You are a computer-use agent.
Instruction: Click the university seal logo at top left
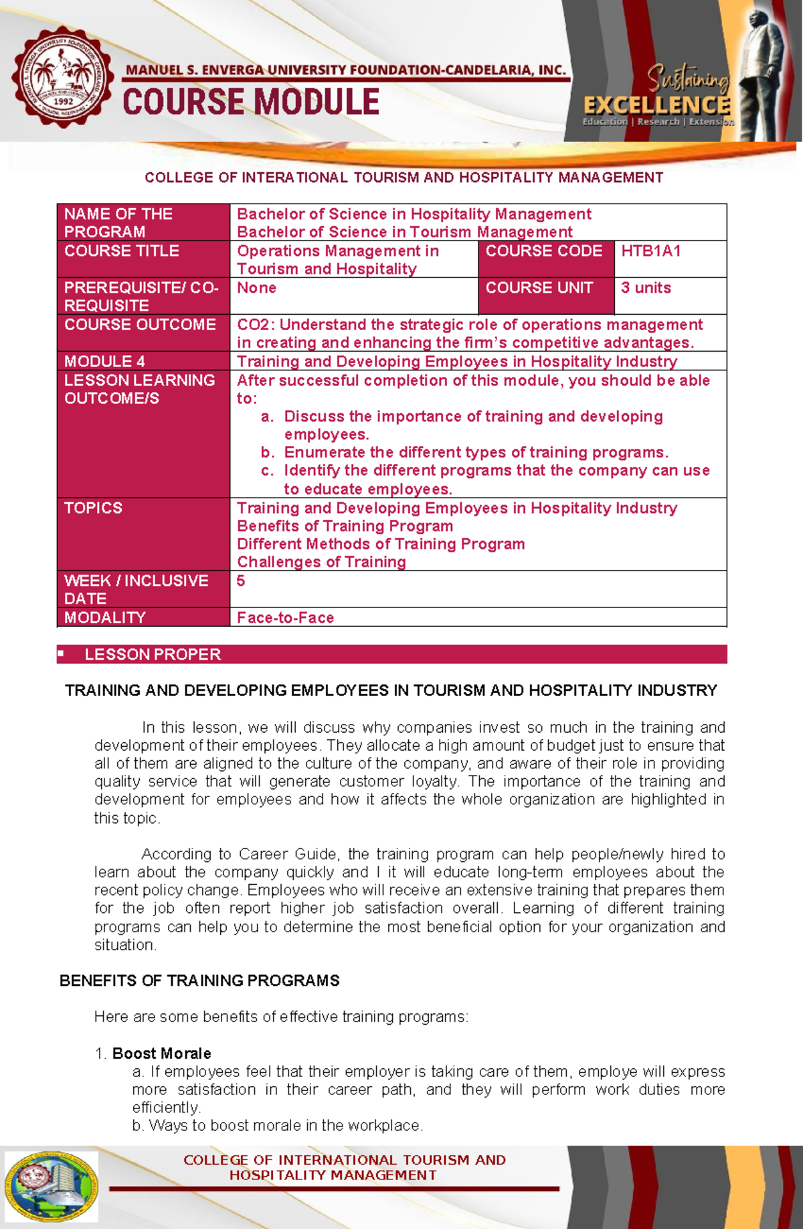pos(62,77)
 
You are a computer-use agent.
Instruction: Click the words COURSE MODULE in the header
pos(251,103)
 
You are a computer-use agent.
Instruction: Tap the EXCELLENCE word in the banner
pos(656,105)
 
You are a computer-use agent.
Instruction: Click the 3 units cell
pos(646,288)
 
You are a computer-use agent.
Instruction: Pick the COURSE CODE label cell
pos(543,251)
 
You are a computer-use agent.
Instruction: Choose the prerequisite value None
pos(256,288)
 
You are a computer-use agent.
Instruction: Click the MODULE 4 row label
pos(104,362)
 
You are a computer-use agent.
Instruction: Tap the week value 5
pos(241,581)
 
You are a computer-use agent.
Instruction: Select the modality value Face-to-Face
pos(285,618)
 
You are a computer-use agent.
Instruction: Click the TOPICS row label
pos(93,508)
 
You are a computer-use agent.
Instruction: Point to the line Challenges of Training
pos(321,562)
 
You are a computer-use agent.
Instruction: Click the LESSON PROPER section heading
pos(153,654)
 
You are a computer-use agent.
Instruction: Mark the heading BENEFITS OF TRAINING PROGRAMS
pos(199,981)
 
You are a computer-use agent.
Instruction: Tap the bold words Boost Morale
pos(161,1054)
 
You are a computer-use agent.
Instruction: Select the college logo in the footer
pos(52,1186)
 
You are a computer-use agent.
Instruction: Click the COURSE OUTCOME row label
pos(140,325)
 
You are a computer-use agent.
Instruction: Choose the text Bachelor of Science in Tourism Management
pos(404,232)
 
